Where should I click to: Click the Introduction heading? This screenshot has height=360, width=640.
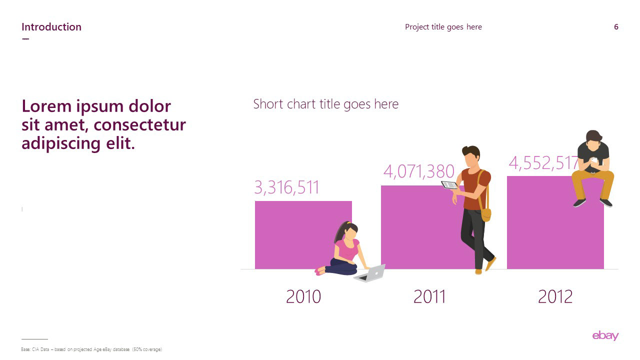point(51,27)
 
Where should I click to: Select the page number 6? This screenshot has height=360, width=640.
point(616,27)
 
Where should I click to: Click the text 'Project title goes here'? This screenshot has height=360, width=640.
point(443,27)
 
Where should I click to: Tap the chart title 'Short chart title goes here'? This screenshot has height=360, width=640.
point(325,104)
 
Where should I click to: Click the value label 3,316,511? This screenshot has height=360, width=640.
point(286,187)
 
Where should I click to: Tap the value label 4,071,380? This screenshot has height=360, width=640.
point(418,171)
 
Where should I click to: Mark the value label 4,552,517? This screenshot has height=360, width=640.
point(543,163)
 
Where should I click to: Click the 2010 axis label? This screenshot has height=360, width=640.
point(303,296)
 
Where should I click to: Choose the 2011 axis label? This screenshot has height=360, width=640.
point(429,296)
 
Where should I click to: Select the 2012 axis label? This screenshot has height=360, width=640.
point(555,296)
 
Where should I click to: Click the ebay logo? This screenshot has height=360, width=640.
point(605,335)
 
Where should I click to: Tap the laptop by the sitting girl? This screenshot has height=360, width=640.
point(370,273)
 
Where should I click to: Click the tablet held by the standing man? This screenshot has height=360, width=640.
point(449,185)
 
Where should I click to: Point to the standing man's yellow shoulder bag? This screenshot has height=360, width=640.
point(485,215)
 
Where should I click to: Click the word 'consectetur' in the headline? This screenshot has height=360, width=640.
point(139,125)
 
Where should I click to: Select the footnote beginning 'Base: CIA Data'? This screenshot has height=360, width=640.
point(91,349)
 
